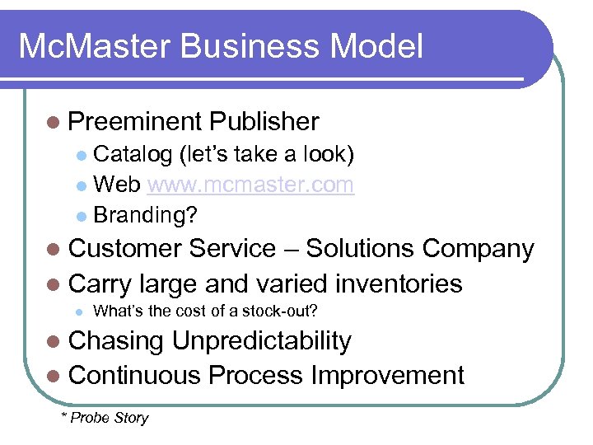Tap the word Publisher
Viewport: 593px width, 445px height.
point(264,122)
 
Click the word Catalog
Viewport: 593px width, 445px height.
point(133,154)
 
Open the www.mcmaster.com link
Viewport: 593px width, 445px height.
point(250,185)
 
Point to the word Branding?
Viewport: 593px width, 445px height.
point(146,215)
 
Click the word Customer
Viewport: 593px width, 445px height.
point(128,249)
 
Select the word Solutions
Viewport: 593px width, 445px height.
point(361,249)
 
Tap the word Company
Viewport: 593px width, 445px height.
point(479,249)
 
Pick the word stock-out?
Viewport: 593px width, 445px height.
point(278,311)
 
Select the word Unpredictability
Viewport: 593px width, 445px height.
point(261,341)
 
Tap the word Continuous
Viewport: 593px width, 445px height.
point(135,376)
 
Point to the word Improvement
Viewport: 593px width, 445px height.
point(387,376)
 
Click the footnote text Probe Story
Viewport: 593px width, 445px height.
point(110,418)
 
